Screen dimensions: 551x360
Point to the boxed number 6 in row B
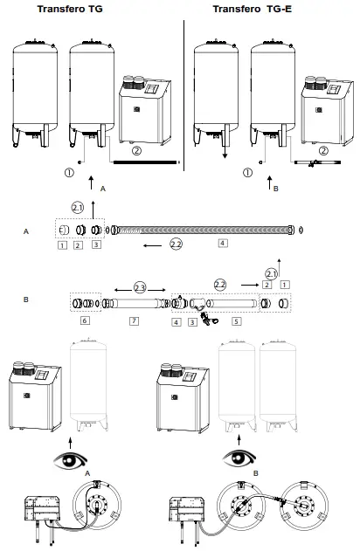83,321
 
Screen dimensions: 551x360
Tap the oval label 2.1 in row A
77,209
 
